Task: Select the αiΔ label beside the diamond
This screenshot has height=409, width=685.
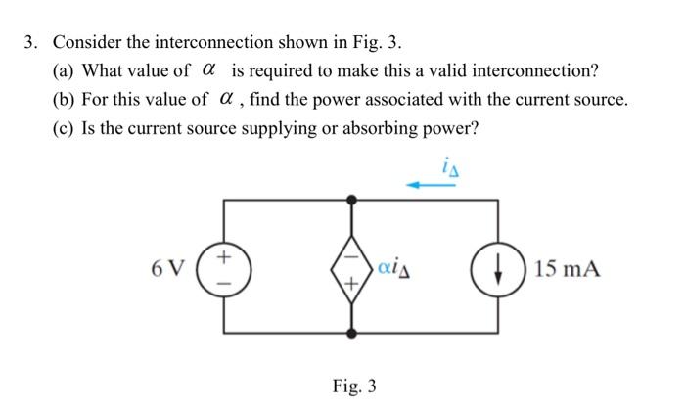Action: click(391, 267)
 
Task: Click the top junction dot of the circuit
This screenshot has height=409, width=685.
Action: click(351, 200)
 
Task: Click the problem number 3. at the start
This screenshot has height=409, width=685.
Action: click(32, 43)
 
